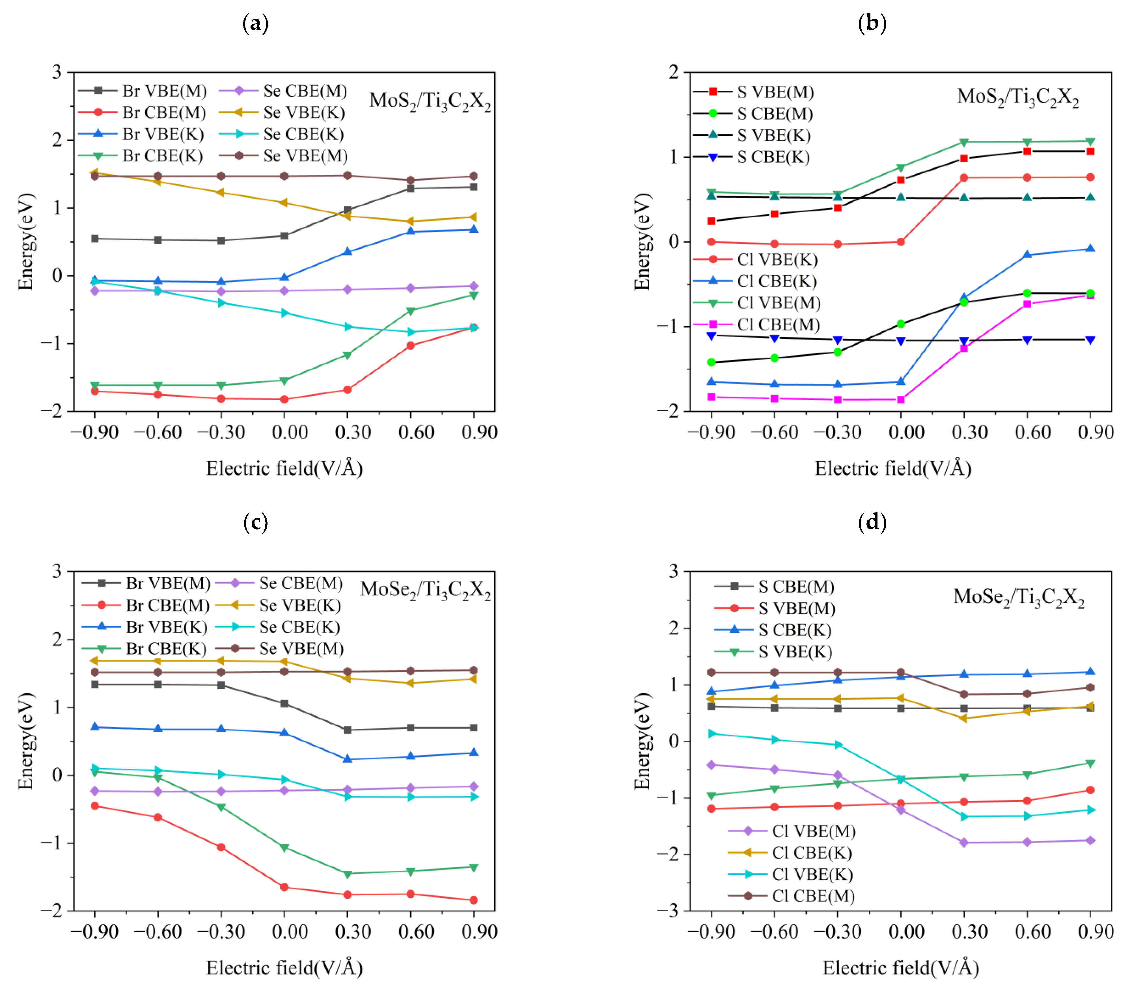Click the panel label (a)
point(255,24)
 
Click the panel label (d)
point(872,522)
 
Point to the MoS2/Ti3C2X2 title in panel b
point(1017,98)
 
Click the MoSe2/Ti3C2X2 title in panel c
point(425,590)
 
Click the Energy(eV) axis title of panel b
point(642,241)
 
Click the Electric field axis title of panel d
point(900,968)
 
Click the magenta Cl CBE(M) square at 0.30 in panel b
point(964,348)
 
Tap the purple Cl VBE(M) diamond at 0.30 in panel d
point(964,842)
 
